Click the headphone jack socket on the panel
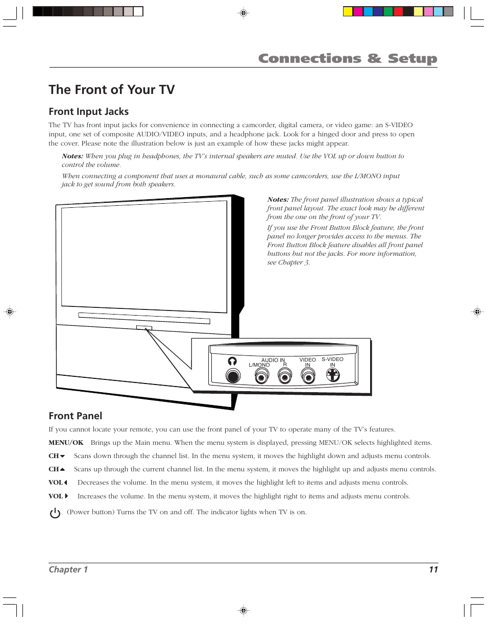233,376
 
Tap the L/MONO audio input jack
261,376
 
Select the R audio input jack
284,376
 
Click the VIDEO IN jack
308,376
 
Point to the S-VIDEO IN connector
333,375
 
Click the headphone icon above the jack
232,361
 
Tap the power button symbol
55,513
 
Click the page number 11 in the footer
433,569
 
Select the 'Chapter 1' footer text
68,569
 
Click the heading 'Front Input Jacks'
89,111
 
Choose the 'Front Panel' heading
75,416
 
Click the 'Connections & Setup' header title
348,59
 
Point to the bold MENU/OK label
66,443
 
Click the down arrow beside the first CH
62,457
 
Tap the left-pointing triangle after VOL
66,483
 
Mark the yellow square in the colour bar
348,11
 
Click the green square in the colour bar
388,11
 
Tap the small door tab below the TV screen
144,328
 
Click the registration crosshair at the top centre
243,13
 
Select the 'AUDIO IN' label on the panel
273,360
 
